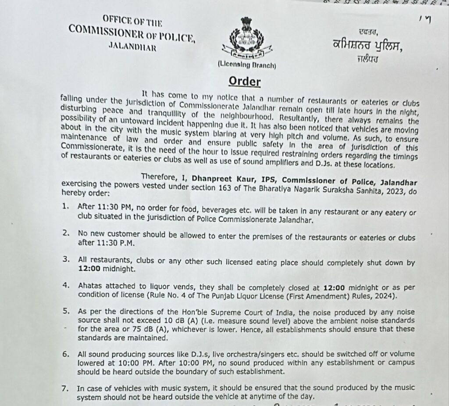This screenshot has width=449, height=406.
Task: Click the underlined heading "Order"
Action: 245,82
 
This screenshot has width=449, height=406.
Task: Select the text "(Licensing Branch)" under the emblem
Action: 246,65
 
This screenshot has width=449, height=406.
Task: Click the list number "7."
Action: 66,388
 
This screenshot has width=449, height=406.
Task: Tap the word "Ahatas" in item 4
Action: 90,286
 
